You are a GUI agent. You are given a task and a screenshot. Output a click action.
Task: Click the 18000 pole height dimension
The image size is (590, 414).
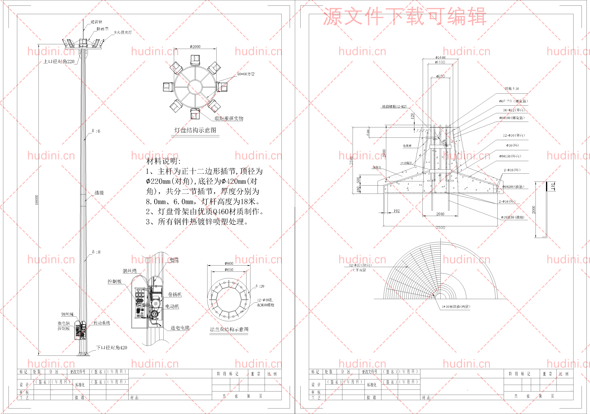click(36, 200)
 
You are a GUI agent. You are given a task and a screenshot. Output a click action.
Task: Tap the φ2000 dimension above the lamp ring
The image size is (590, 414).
click(195, 47)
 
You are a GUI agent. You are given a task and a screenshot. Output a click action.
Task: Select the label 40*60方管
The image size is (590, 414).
click(246, 74)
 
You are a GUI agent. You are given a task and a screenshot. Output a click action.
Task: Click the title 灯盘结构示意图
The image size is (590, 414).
click(195, 130)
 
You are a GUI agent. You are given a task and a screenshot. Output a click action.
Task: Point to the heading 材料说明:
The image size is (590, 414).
click(163, 161)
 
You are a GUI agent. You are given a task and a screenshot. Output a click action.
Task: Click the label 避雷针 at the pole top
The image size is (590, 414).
click(96, 22)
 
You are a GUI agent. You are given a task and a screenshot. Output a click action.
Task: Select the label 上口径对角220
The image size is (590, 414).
click(59, 61)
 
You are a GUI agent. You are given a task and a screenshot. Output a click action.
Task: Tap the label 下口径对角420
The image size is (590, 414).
click(112, 348)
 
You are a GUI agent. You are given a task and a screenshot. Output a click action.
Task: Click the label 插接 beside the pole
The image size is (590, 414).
click(99, 193)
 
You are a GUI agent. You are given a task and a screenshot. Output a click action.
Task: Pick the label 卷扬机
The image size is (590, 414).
click(175, 294)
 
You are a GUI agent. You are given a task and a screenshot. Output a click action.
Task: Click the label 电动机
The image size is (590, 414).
click(172, 306)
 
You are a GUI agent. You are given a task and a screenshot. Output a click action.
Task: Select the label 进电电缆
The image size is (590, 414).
click(180, 328)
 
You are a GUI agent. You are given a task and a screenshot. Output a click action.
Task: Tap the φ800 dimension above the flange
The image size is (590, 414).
click(229, 263)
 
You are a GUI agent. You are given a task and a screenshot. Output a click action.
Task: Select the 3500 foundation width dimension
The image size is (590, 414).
click(440, 228)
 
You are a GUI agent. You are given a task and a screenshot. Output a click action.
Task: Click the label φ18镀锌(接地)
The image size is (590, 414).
click(512, 217)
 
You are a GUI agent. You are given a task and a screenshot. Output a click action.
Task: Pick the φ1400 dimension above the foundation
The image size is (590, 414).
click(440, 57)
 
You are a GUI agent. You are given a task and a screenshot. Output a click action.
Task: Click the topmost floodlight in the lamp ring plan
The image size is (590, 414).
click(195, 60)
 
